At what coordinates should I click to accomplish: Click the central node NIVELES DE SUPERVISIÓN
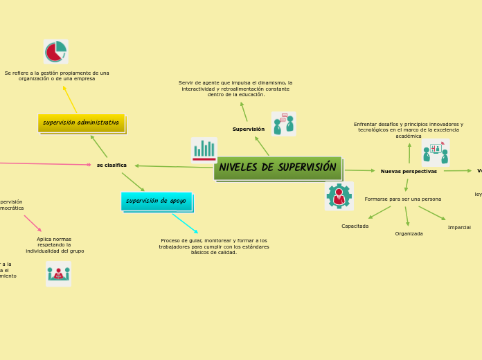[278, 168]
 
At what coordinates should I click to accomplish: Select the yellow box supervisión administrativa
[81, 123]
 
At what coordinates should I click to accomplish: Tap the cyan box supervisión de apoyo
[156, 201]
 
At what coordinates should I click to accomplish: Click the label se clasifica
[111, 165]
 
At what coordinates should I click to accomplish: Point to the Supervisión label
[248, 129]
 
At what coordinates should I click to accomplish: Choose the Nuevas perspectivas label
[409, 171]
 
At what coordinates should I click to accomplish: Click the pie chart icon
[56, 51]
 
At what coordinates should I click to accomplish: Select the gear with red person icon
[339, 196]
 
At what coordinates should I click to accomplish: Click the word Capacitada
[355, 226]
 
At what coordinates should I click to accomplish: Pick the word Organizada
[409, 233]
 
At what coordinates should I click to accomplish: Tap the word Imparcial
[458, 227]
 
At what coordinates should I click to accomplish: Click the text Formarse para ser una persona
[402, 199]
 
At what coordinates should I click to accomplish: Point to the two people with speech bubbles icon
[283, 124]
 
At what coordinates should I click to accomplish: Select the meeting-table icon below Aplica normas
[58, 273]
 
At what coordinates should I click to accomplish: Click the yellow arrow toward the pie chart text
[70, 99]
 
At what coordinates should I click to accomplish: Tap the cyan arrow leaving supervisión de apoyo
[185, 223]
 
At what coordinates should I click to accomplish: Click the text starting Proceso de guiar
[214, 246]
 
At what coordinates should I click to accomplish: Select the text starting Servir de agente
[235, 88]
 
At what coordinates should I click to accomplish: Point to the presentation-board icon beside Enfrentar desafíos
[436, 152]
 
